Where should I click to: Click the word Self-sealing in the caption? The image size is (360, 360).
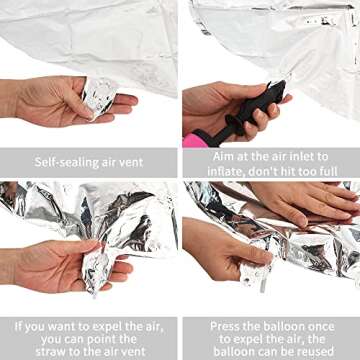[x=58, y=162]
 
